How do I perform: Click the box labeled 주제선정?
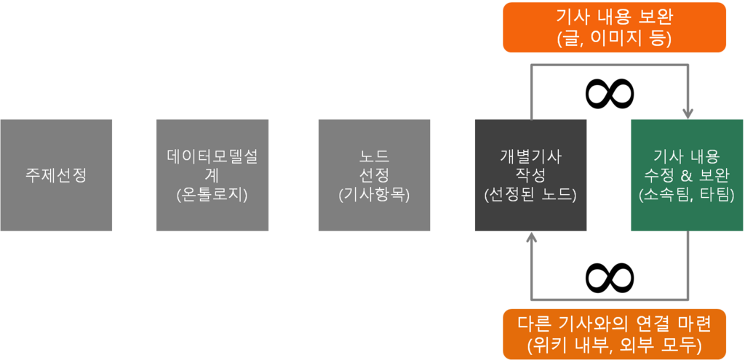pyautogui.click(x=56, y=175)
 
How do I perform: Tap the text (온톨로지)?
pyautogui.click(x=212, y=195)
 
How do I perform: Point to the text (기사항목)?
pyautogui.click(x=374, y=195)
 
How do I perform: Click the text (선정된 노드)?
pyautogui.click(x=530, y=195)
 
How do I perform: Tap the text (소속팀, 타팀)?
pyautogui.click(x=687, y=195)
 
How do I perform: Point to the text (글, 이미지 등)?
pyautogui.click(x=614, y=39)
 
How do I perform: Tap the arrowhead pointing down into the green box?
pyautogui.click(x=688, y=113)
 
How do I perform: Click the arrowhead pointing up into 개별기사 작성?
pyautogui.click(x=531, y=238)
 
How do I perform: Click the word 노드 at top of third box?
pyautogui.click(x=374, y=156)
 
